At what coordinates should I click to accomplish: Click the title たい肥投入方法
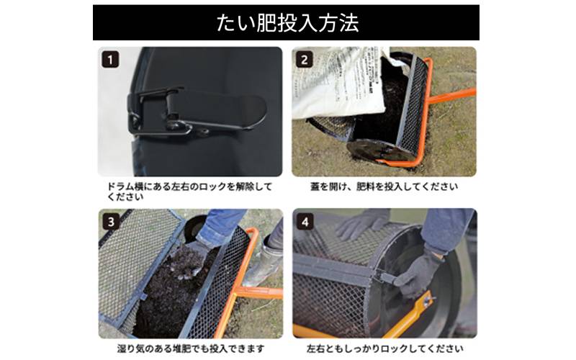tap(287, 23)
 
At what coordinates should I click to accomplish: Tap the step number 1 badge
tap(110, 60)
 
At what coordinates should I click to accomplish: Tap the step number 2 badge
tap(304, 60)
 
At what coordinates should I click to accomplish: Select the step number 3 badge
tap(111, 222)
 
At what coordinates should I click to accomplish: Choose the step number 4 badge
tap(305, 222)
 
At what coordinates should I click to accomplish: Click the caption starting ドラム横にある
tap(189, 192)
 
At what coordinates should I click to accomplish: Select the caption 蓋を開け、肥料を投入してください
tap(384, 186)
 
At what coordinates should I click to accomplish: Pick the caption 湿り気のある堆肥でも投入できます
tap(191, 348)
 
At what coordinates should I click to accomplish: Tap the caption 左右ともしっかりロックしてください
tap(384, 348)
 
